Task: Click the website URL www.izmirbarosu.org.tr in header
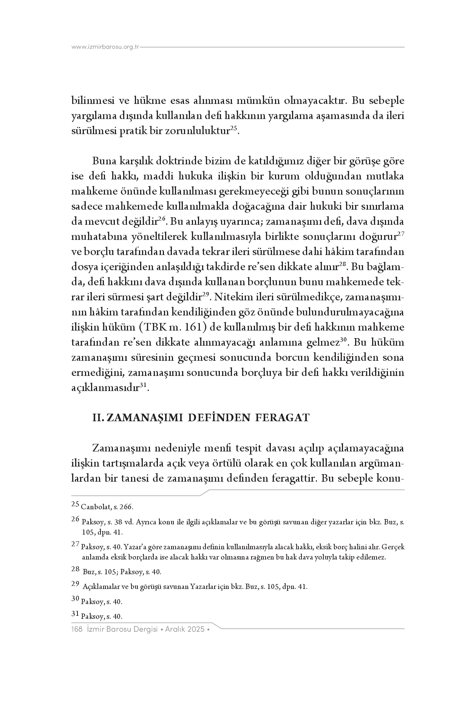pos(105,47)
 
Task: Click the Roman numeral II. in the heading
pos(99,417)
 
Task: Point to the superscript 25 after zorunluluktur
pos(234,128)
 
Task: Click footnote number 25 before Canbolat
pos(75,504)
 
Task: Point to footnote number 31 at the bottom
pos(75,614)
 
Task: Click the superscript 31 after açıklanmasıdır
pos(143,385)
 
